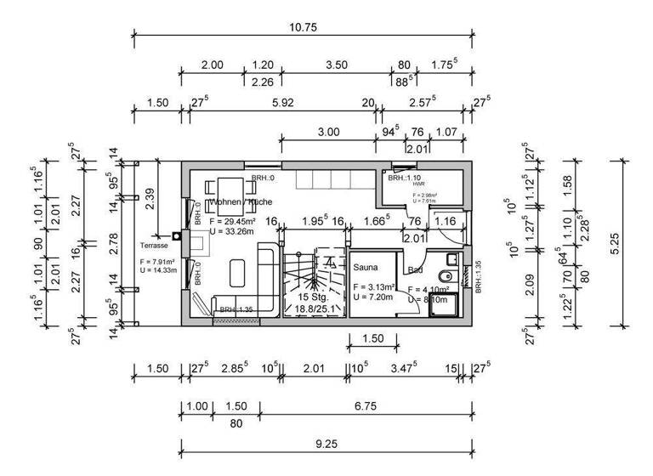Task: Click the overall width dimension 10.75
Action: pos(303,26)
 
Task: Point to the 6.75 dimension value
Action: pos(368,405)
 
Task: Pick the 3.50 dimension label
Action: pos(336,65)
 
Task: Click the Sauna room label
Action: pos(366,266)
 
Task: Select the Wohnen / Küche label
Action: pos(241,202)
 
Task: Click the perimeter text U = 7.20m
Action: pos(374,297)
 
